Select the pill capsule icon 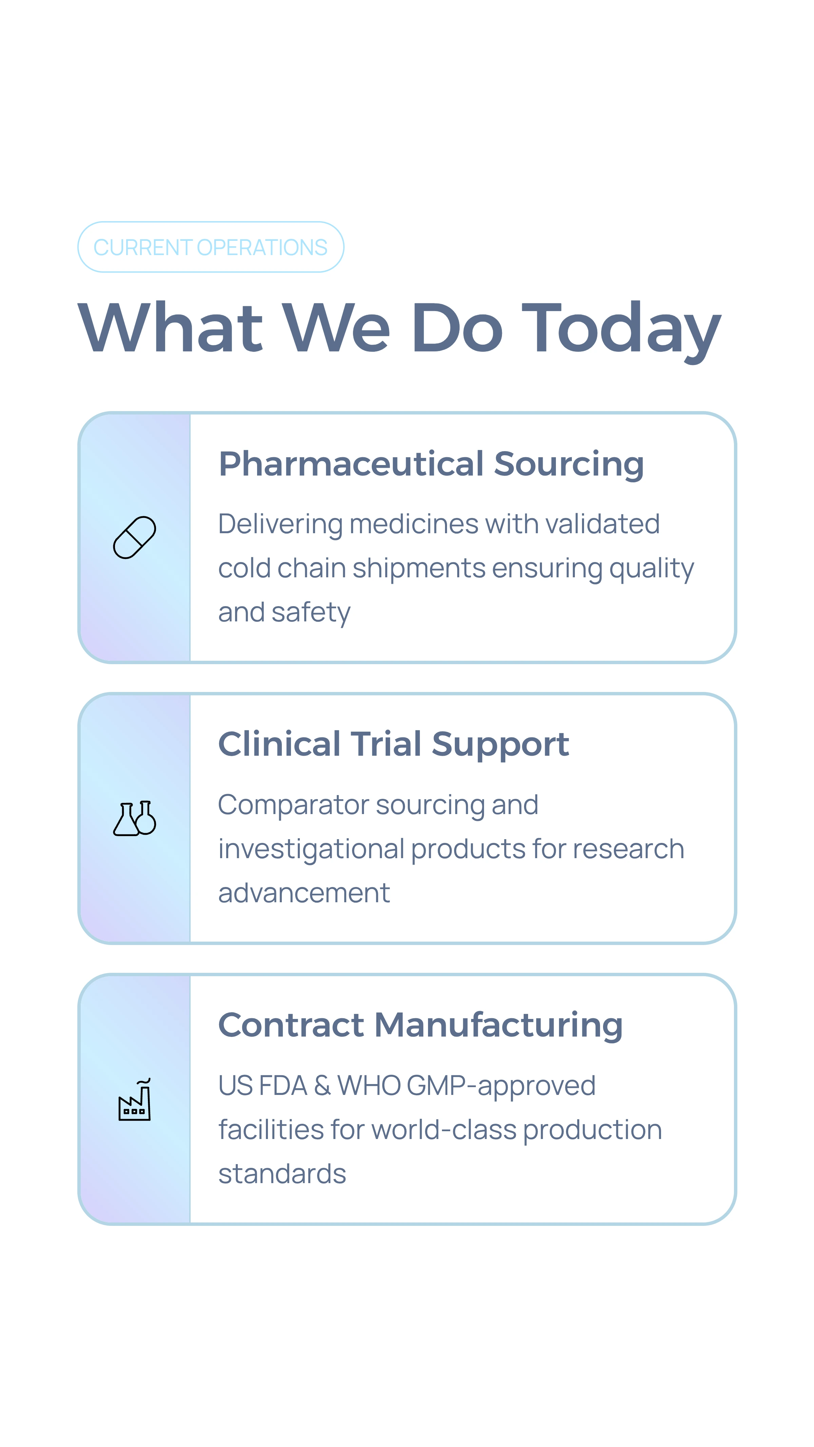click(134, 538)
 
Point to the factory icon click(134, 1100)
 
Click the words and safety click(284, 612)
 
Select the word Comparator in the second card click(293, 805)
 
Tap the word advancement click(304, 893)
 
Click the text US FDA click(262, 1086)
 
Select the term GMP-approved click(501, 1086)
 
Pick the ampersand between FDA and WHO click(322, 1086)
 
